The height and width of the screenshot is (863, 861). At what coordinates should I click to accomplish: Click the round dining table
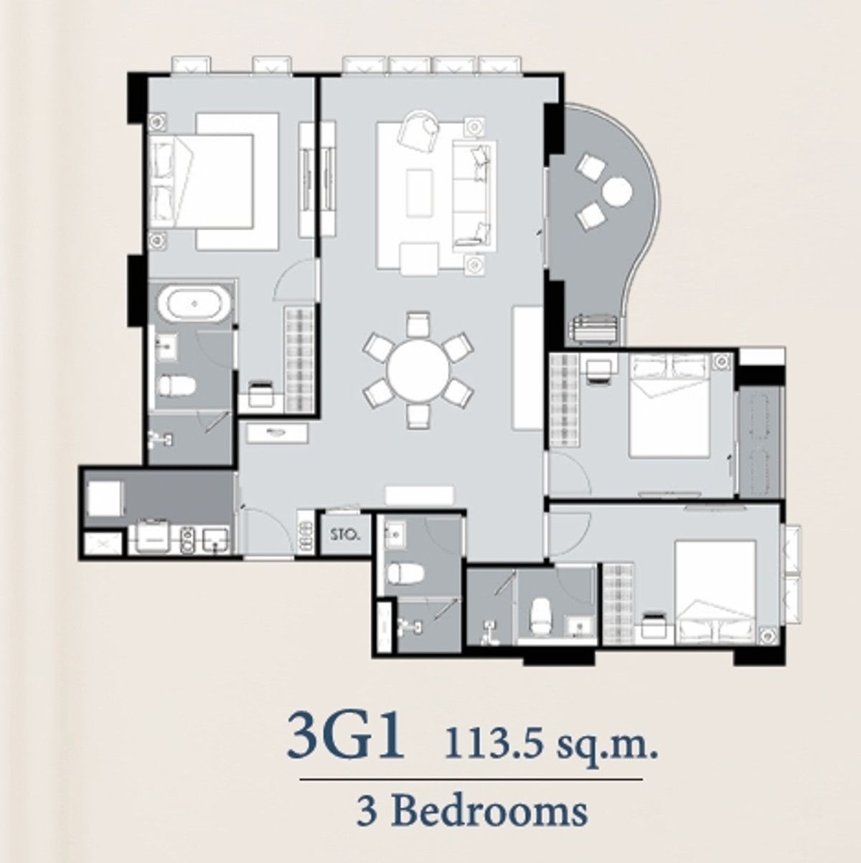(418, 370)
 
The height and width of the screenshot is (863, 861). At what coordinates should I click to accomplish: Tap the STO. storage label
(345, 534)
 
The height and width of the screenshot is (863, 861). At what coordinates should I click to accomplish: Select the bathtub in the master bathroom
(194, 304)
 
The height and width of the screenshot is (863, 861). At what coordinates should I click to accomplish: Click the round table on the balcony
(617, 192)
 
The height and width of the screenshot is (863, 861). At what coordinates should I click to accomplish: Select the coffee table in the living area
(419, 194)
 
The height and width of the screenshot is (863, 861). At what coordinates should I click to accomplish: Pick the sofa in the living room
(474, 196)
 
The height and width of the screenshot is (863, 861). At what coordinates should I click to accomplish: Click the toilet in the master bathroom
(177, 386)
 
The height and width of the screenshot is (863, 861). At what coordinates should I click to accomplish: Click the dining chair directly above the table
(418, 324)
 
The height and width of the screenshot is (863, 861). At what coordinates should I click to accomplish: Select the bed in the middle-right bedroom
(669, 405)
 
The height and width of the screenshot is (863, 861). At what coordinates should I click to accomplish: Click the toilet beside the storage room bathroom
(405, 573)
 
